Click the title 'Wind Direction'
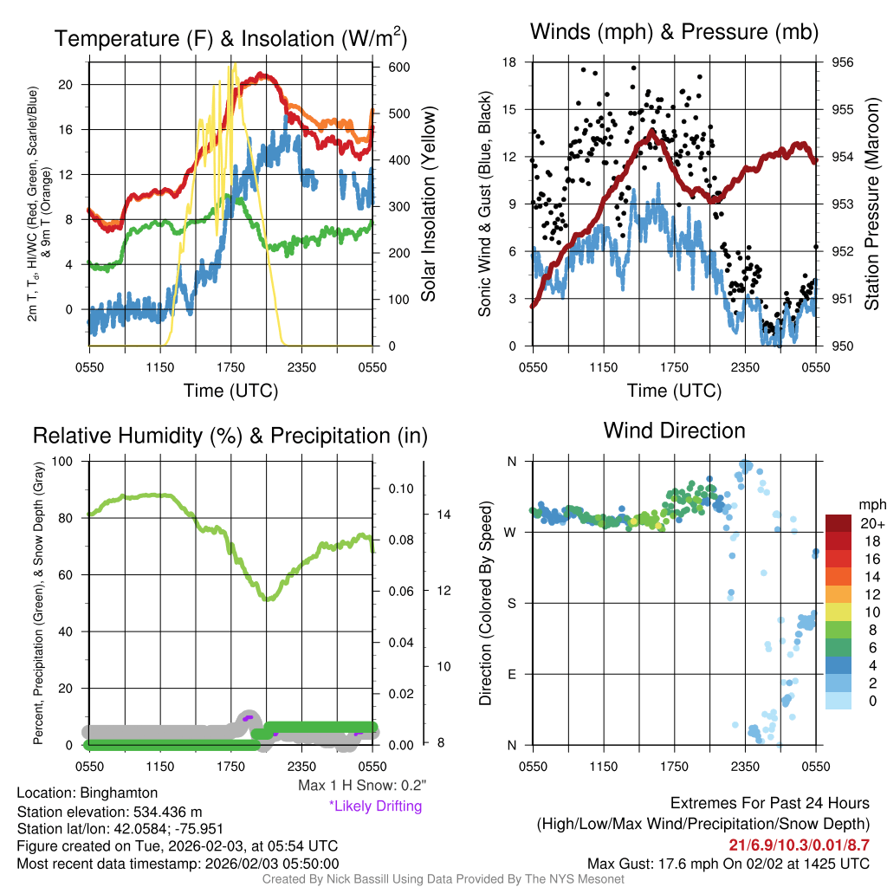pyautogui.click(x=674, y=431)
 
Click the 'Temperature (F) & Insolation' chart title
pyautogui.click(x=230, y=39)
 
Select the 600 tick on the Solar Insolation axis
pyautogui.click(x=399, y=68)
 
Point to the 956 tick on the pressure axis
pyautogui.click(x=843, y=62)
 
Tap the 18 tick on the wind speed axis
pyautogui.click(x=509, y=62)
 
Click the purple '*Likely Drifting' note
pyautogui.click(x=375, y=806)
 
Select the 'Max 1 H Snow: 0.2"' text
pyautogui.click(x=361, y=786)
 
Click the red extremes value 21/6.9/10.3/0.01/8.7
pyautogui.click(x=799, y=845)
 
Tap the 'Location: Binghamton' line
pyautogui.click(x=87, y=793)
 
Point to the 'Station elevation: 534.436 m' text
pyautogui.click(x=109, y=812)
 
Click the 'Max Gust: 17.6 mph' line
pyautogui.click(x=728, y=864)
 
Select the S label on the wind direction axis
pyautogui.click(x=512, y=603)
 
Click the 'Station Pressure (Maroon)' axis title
pyautogui.click(x=872, y=204)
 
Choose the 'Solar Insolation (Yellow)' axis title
pyautogui.click(x=429, y=204)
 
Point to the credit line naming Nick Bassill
pyautogui.click(x=443, y=879)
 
